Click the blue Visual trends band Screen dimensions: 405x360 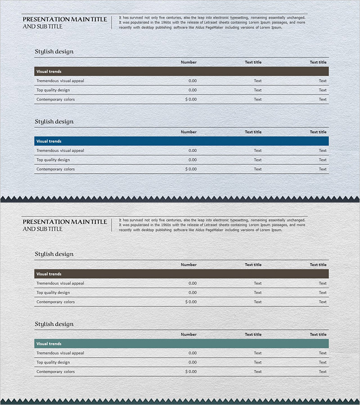tap(181, 141)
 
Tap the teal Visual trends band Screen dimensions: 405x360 tap(181, 344)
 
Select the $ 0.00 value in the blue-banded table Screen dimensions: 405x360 tap(191, 169)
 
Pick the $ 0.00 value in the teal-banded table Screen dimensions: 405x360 tap(191, 372)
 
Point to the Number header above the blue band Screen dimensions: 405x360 tap(189, 132)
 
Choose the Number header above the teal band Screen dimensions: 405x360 tap(189, 334)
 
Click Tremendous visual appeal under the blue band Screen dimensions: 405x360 tap(60, 151)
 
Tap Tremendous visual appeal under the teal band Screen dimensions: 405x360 tap(60, 353)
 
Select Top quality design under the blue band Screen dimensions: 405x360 tap(53, 160)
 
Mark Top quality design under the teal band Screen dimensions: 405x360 tap(53, 362)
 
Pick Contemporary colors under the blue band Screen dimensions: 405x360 tap(56, 169)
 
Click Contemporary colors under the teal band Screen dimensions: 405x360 tap(56, 372)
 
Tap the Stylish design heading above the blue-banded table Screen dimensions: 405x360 tap(54, 121)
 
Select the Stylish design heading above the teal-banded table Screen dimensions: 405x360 tap(54, 324)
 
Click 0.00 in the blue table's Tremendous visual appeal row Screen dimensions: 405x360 tap(193, 151)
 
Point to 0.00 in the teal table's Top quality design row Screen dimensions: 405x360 tap(193, 362)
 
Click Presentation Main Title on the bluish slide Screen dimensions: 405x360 tap(65, 19)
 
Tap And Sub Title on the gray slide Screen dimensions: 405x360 tap(42, 229)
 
